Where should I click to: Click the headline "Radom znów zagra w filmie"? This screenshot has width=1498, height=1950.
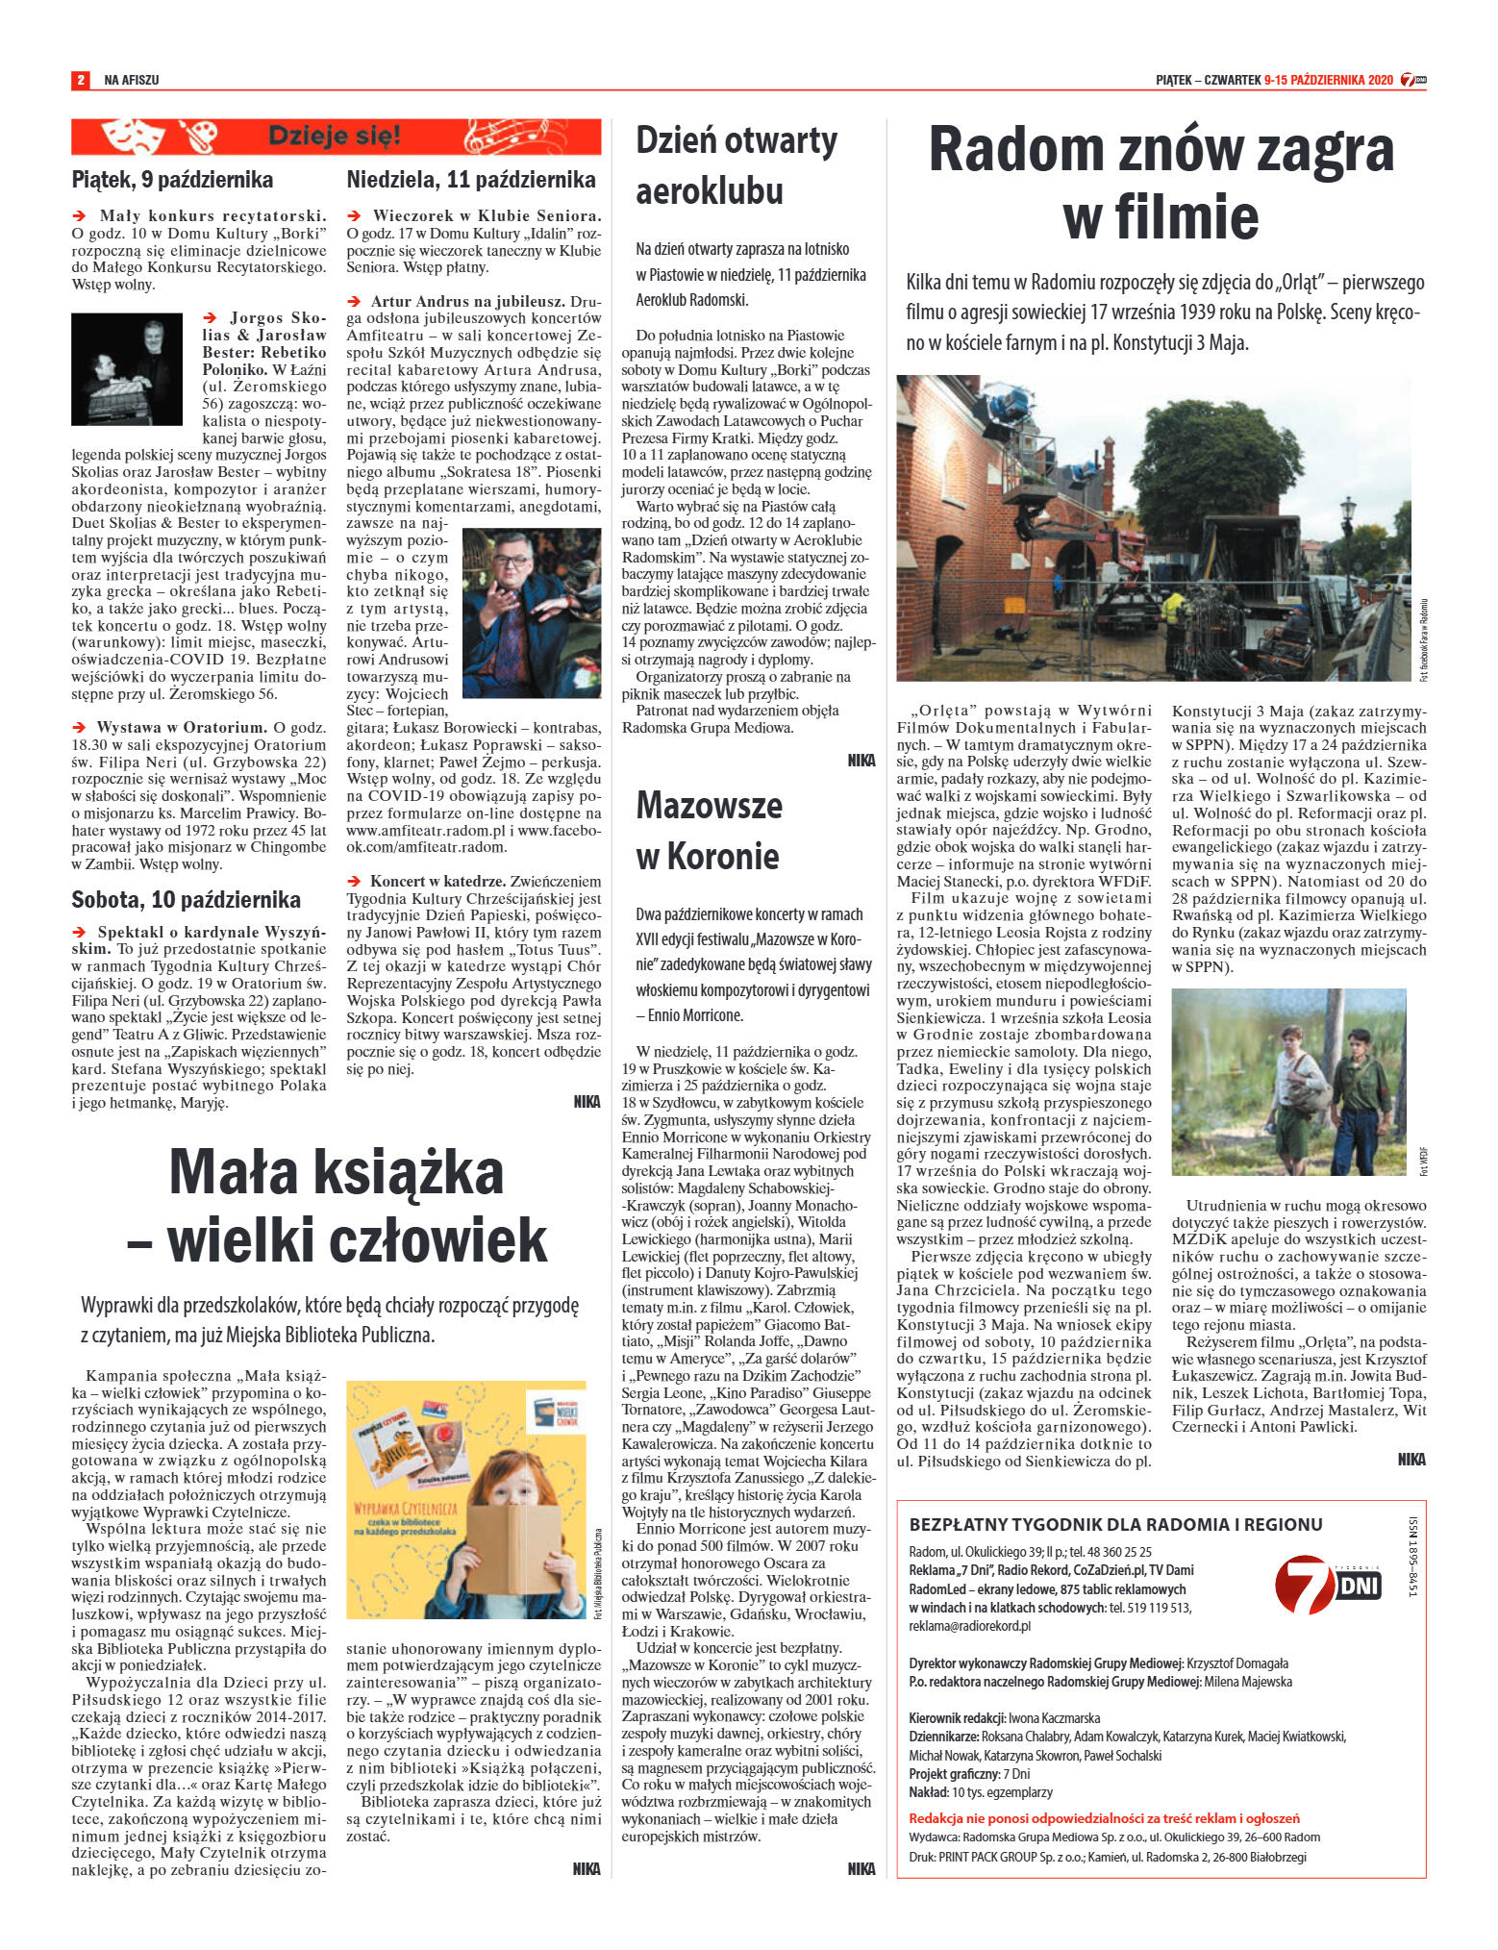[1161, 183]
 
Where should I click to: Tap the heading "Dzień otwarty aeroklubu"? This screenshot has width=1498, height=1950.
[737, 165]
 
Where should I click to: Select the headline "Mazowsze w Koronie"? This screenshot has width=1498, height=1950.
[709, 830]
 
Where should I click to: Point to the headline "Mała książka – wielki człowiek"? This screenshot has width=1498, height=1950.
[337, 1206]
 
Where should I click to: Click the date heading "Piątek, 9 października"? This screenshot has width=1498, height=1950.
[172, 180]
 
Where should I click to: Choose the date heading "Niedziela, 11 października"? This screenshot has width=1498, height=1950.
[471, 180]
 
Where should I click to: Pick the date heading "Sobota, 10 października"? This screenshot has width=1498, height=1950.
[186, 900]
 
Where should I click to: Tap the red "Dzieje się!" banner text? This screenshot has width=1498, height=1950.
[334, 136]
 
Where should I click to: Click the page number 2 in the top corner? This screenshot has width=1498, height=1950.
[81, 80]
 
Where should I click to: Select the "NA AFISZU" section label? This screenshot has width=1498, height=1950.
[132, 80]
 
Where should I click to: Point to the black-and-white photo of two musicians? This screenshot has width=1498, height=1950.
[126, 368]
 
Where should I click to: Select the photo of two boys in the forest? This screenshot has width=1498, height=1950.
[1288, 1082]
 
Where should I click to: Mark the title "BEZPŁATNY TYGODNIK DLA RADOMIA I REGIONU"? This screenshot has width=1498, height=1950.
[1115, 1524]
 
